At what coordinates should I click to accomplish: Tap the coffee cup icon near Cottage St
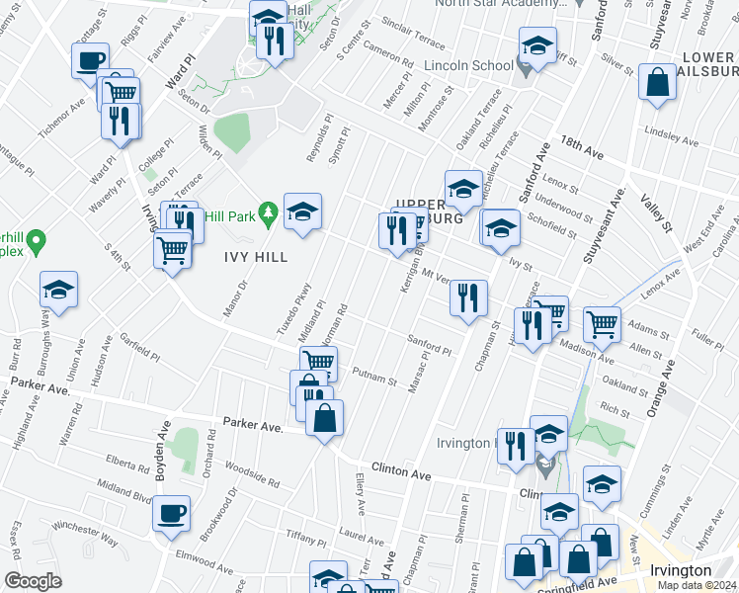[90, 61]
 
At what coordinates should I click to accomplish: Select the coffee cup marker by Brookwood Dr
[172, 513]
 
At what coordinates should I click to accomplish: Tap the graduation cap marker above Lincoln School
[537, 46]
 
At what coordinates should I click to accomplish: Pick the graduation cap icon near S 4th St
[59, 290]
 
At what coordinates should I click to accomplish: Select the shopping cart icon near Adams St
[601, 322]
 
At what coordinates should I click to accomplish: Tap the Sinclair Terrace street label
[411, 35]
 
